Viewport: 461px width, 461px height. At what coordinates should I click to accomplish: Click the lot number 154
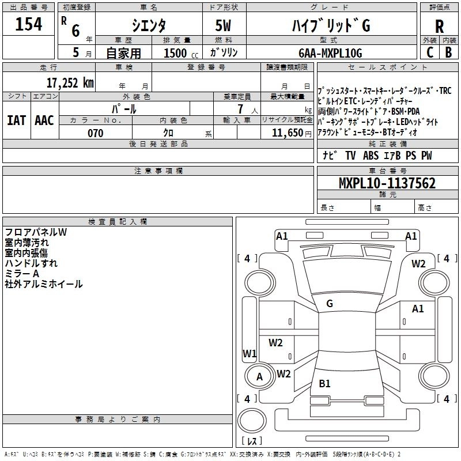point(29,25)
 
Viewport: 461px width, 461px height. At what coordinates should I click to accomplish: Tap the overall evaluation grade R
point(439,27)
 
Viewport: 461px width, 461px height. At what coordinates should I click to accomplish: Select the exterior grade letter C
point(429,52)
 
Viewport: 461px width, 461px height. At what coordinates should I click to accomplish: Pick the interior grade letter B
point(449,52)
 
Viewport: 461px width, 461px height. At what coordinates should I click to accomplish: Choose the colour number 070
point(95,133)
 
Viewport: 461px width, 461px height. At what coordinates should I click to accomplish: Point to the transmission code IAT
point(17,120)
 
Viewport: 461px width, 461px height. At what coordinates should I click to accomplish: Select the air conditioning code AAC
point(44,120)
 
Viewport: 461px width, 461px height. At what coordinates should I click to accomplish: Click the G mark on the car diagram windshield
point(329,304)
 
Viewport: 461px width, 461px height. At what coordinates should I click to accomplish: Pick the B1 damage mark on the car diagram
point(324,383)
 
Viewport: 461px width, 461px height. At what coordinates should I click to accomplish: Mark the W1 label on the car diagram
point(250,353)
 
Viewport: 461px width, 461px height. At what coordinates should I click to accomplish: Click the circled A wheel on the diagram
point(260,377)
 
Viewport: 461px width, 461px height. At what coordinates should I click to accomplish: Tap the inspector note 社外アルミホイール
point(44,284)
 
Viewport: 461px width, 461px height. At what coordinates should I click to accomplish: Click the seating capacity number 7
point(239,109)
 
